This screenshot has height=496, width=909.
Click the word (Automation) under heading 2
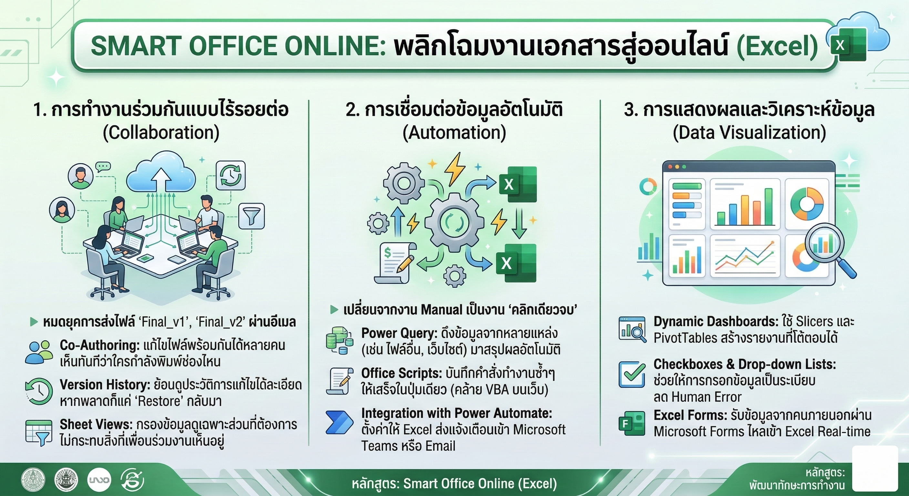point(454,133)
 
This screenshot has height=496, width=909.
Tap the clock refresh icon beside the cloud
point(231,175)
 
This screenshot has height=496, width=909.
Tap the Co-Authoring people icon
point(39,352)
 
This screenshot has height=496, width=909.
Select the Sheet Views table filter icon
point(39,433)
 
